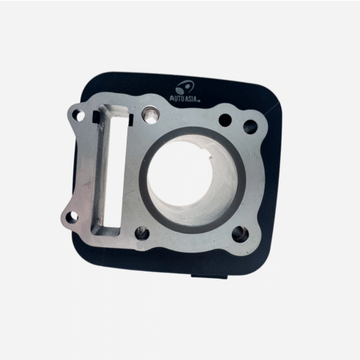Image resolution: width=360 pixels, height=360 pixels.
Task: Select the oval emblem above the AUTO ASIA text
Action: pos(185,87)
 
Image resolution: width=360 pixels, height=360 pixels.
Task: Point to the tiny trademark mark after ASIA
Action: pos(199,102)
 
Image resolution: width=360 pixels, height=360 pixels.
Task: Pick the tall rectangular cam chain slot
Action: pos(111,169)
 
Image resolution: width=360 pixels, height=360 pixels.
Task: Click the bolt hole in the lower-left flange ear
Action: pos(72,217)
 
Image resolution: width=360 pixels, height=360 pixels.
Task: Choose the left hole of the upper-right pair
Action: pos(225,120)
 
